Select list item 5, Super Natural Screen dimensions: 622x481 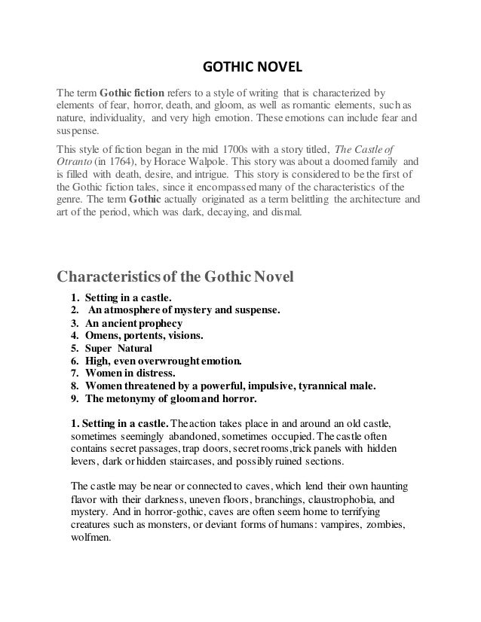[x=119, y=348]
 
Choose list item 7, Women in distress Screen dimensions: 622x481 [x=131, y=373]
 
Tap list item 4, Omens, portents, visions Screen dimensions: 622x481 [x=144, y=335]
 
